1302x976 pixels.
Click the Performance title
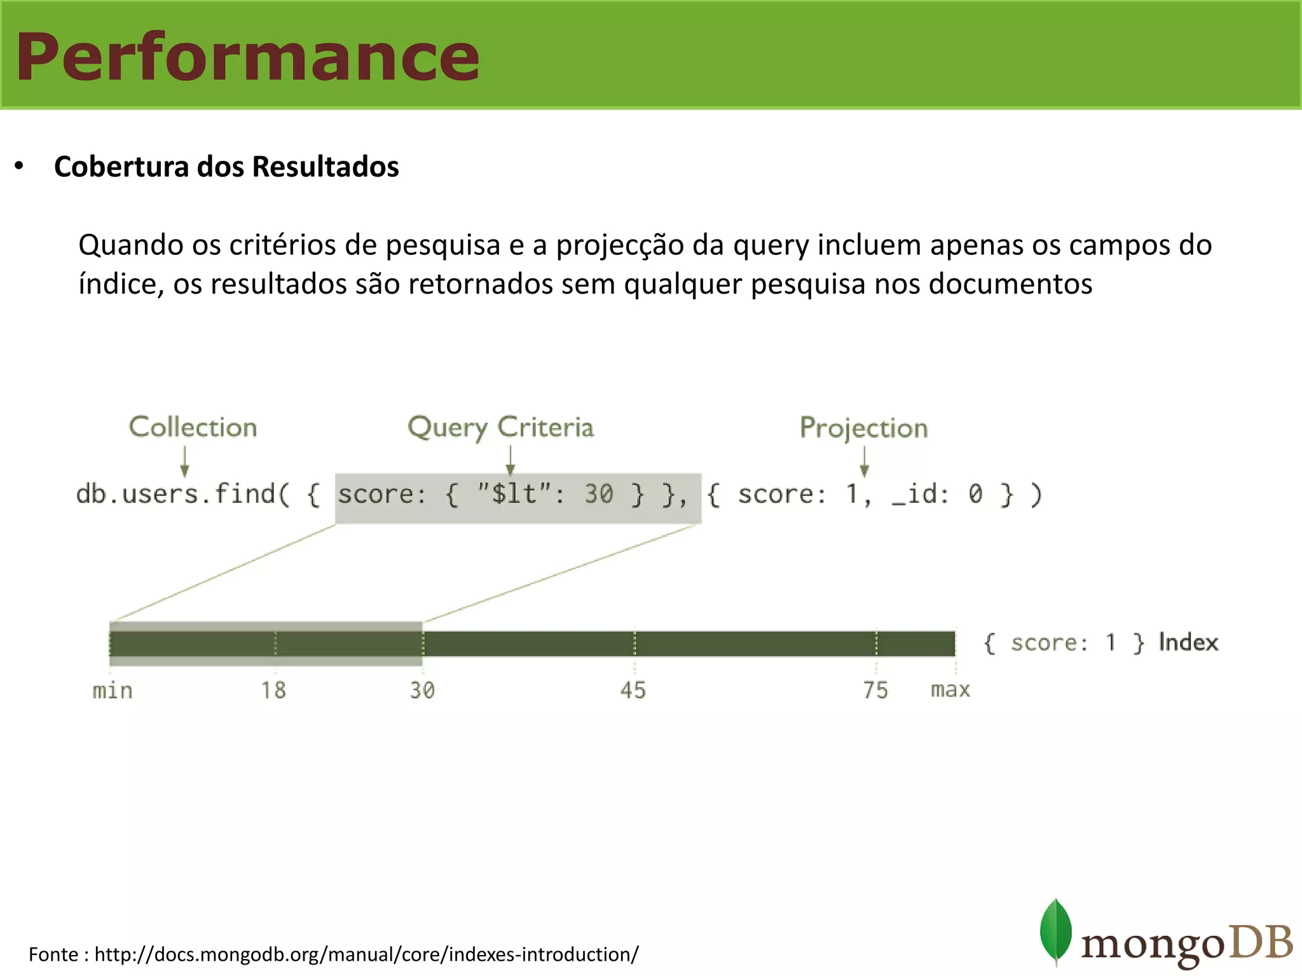(247, 57)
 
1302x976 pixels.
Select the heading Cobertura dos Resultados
(226, 167)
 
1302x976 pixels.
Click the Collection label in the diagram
(193, 427)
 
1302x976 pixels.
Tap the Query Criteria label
(500, 427)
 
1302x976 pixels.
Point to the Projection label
(863, 428)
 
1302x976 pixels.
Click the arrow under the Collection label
(184, 461)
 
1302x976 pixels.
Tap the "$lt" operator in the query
(513, 494)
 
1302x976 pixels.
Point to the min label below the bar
(113, 690)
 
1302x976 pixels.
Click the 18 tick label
(273, 690)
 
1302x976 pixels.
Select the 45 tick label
(633, 690)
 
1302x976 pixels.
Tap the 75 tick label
(875, 690)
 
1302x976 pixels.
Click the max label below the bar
(950, 690)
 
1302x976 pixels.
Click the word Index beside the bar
(1188, 642)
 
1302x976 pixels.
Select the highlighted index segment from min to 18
(192, 644)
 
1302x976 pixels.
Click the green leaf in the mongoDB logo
(1055, 930)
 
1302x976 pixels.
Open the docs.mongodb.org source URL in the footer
(366, 954)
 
